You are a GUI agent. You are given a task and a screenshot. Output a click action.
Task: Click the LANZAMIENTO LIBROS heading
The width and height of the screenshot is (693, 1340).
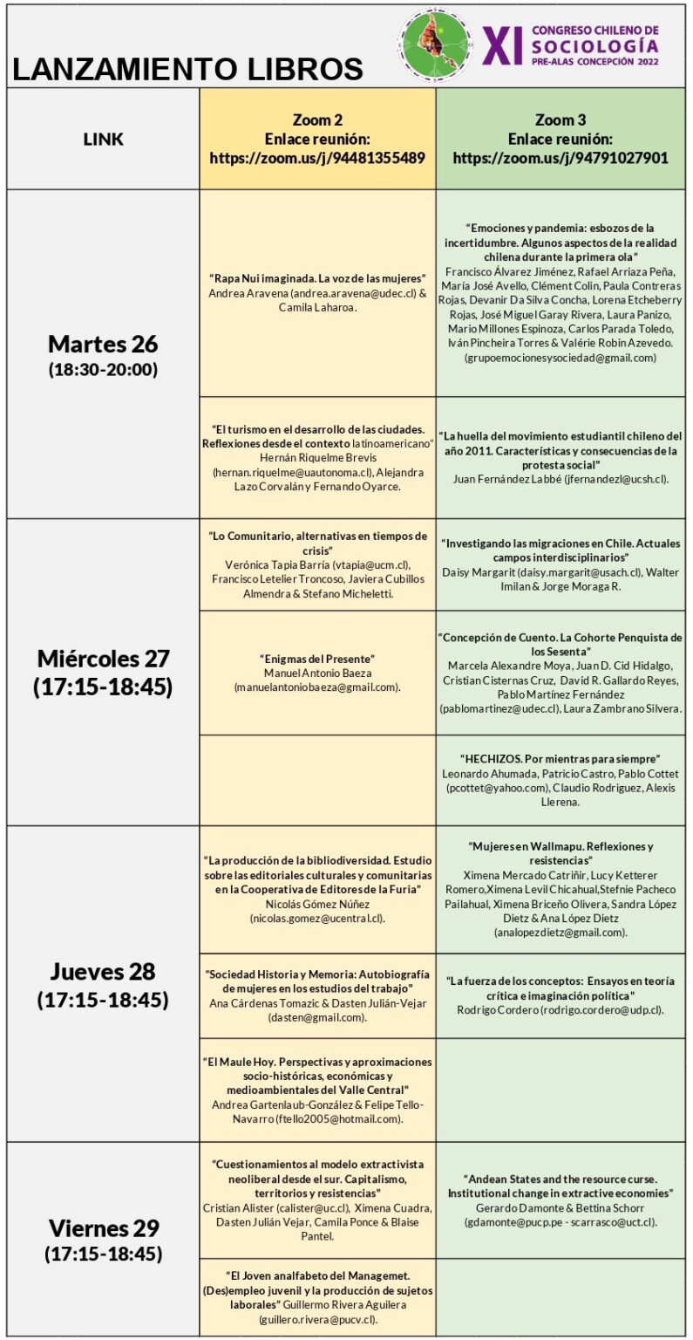[187, 69]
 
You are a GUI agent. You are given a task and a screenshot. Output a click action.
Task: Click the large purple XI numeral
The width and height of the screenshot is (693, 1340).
[506, 45]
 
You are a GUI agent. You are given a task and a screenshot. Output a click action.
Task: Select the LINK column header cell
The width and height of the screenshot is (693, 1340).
[103, 139]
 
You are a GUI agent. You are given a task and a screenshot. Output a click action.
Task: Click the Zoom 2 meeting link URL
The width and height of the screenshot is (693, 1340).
[317, 158]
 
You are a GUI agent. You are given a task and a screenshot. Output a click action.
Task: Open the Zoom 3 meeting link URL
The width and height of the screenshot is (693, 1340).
[561, 158]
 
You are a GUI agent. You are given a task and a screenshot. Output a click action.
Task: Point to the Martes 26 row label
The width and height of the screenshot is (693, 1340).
[103, 342]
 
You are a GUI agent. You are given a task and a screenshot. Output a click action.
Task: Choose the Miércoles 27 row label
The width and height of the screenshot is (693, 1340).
[103, 657]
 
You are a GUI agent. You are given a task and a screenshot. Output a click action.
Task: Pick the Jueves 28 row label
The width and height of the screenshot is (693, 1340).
[103, 971]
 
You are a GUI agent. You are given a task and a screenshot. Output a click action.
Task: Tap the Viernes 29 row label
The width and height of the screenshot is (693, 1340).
[103, 1228]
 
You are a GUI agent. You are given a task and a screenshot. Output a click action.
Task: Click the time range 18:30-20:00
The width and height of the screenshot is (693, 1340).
[103, 369]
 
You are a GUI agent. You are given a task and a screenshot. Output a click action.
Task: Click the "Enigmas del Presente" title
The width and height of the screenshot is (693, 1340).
[316, 658]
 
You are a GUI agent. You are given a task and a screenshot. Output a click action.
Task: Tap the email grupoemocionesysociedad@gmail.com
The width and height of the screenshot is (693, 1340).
[561, 358]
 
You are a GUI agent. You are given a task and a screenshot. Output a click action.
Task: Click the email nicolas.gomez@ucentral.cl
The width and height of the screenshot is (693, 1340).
[316, 919]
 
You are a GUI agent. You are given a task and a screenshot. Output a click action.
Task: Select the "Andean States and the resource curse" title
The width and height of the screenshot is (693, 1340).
[561, 1185]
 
